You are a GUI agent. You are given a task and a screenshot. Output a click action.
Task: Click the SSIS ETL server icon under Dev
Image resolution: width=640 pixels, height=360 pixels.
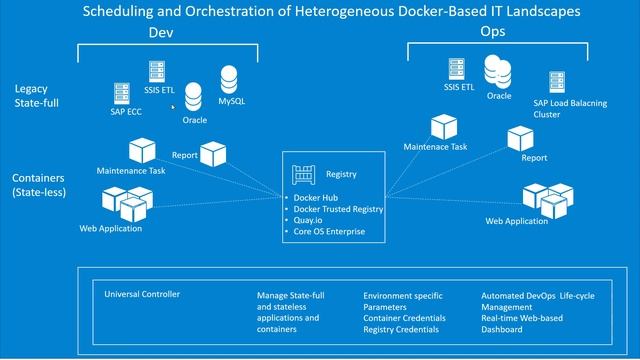[156, 72]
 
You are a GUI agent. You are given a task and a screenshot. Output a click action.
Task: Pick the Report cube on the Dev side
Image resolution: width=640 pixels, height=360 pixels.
[214, 153]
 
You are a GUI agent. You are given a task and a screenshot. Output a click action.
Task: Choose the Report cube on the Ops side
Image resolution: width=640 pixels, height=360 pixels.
[520, 139]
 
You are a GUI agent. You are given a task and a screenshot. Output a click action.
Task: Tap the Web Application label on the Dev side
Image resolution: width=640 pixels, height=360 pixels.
[110, 229]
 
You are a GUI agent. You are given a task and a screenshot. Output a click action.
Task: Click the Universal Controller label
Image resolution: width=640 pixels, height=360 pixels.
[142, 295]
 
